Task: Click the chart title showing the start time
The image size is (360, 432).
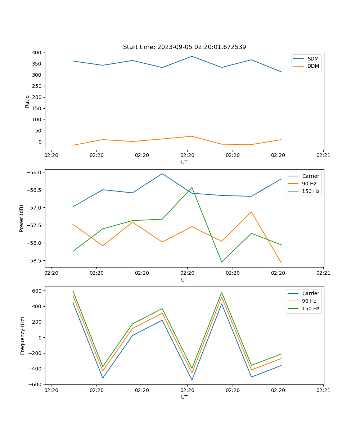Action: [184, 47]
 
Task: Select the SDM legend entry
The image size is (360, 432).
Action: [313, 59]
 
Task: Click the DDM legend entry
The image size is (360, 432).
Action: [313, 66]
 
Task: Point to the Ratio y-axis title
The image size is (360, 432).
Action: [27, 101]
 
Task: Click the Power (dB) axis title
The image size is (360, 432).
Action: [22, 218]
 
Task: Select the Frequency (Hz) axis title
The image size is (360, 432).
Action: [22, 336]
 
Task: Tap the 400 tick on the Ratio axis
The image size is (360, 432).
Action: [37, 53]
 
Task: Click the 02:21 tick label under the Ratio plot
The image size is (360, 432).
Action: [323, 156]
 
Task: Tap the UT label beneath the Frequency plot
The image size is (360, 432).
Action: [184, 397]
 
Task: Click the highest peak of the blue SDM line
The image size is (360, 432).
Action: [192, 56]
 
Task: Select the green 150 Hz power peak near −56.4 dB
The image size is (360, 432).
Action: [192, 187]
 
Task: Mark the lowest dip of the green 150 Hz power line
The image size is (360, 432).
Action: [221, 262]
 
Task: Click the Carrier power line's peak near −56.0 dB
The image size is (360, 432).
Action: [162, 174]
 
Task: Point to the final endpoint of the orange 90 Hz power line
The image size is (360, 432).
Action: [281, 263]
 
